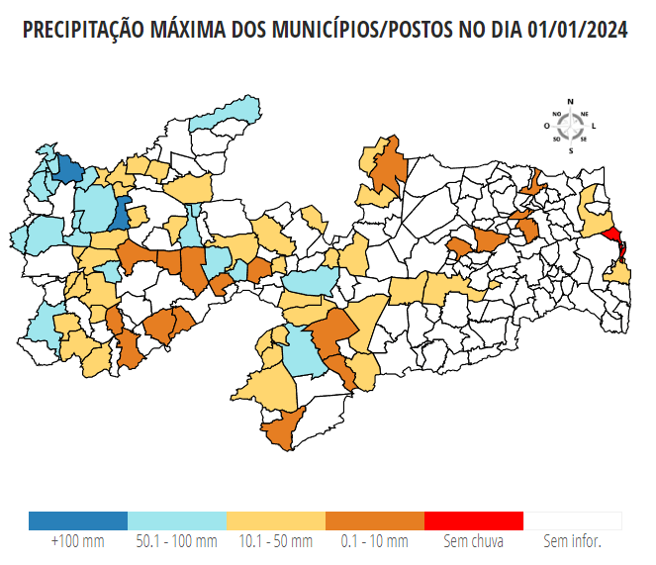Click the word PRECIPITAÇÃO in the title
click(82, 31)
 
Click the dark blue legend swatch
click(78, 520)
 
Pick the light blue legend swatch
click(177, 520)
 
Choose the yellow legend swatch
click(276, 520)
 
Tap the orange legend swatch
click(375, 520)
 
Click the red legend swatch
click(474, 520)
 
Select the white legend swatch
click(573, 520)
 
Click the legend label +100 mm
click(78, 542)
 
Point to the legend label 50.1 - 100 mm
click(177, 542)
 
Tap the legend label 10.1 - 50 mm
click(276, 542)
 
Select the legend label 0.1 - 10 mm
click(375, 542)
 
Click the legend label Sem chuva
click(474, 542)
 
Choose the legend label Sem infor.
click(573, 542)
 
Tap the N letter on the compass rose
click(571, 102)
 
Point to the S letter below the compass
click(571, 150)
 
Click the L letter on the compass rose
click(594, 127)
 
